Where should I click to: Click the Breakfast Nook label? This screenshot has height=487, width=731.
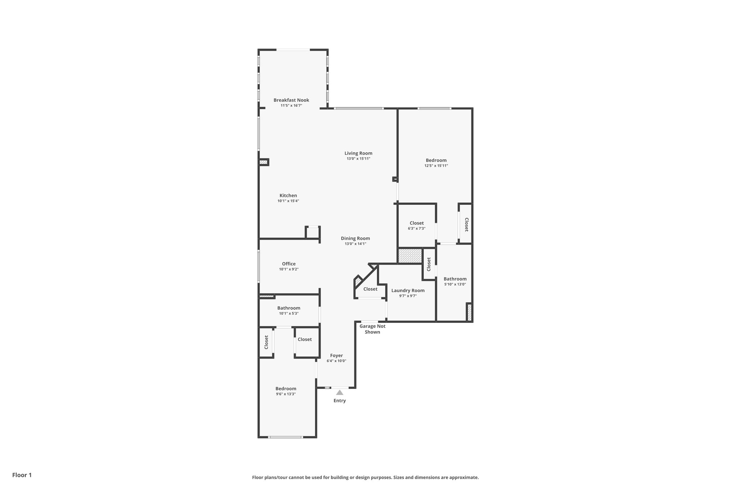point(291,100)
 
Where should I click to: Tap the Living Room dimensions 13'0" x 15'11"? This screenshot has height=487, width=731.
point(358,159)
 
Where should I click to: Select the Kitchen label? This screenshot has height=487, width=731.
point(288,196)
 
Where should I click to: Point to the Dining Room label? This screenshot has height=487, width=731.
point(355,238)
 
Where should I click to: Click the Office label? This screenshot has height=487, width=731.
point(289,264)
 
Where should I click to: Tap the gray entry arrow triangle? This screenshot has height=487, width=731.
point(340,392)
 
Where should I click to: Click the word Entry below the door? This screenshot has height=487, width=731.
point(340,401)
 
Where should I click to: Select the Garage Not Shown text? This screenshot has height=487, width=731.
point(372,329)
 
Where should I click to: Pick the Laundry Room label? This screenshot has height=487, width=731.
point(408,290)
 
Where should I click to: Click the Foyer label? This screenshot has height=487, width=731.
point(336,356)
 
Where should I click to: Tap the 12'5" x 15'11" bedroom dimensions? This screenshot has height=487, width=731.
point(436,166)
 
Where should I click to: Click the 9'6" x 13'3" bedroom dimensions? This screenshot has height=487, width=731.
point(286,394)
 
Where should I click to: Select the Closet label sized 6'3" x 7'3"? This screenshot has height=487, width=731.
point(417,223)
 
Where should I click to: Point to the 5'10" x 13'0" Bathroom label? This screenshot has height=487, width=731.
point(455,279)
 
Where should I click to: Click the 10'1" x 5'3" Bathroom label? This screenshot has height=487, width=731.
point(289,308)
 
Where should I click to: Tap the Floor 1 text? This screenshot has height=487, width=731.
point(22,475)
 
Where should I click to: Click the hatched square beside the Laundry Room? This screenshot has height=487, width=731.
point(410,256)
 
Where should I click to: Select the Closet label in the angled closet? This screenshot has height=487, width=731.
point(370,289)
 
